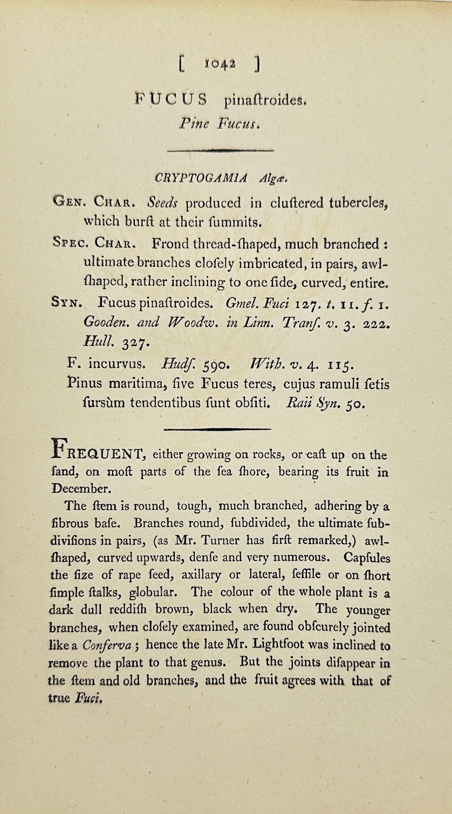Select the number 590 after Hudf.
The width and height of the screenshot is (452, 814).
[216, 365]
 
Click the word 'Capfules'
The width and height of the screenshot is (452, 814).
[367, 558]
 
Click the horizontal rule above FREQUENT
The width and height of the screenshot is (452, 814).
[217, 429]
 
